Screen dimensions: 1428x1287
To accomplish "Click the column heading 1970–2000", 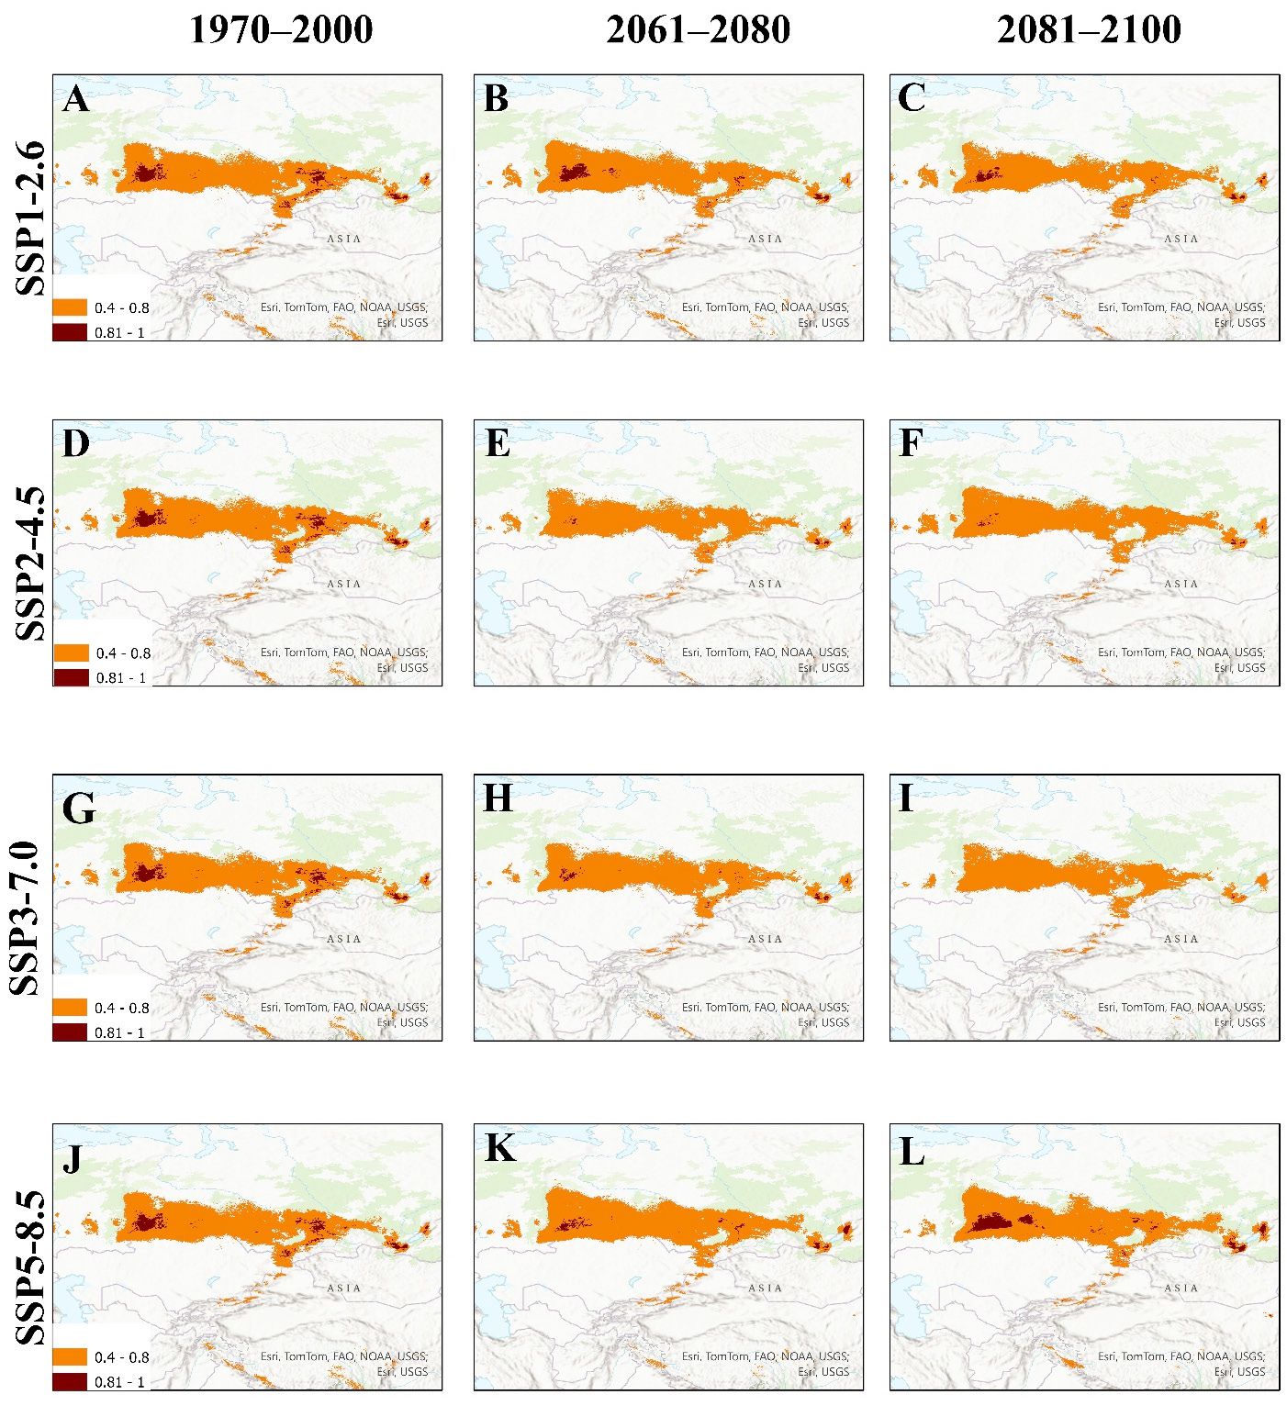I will coord(281,29).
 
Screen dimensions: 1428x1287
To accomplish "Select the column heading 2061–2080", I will coord(698,29).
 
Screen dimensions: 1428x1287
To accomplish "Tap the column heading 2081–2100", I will coord(1089,29).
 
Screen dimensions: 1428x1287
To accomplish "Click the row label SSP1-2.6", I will coord(30,218).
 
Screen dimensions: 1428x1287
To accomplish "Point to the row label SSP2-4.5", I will coord(30,563).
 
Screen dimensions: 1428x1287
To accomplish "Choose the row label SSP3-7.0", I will coord(30,917).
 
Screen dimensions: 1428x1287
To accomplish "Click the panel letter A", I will coord(76,98).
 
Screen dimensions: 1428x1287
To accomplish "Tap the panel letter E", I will coord(497,443).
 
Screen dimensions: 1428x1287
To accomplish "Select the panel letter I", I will coord(906,798).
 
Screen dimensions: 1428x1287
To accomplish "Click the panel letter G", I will coord(78,809).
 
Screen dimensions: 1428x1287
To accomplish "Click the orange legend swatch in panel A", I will coord(70,307).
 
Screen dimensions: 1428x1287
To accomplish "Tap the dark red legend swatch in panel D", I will coord(71,677).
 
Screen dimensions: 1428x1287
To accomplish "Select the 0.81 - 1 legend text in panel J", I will coord(120,1382).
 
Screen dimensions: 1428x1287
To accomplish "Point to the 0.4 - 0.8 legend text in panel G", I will coord(121,1008).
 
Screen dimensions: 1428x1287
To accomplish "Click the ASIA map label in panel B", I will coord(765,239).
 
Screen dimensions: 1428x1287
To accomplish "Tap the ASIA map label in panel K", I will coord(765,1288).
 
